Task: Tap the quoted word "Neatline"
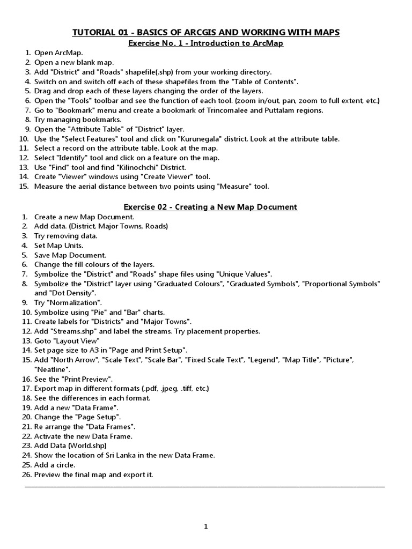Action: click(x=52, y=369)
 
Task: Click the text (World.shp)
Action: click(x=88, y=446)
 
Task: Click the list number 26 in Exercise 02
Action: click(x=27, y=474)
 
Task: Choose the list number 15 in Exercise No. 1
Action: click(x=23, y=187)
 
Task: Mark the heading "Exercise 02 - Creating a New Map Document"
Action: click(x=210, y=206)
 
